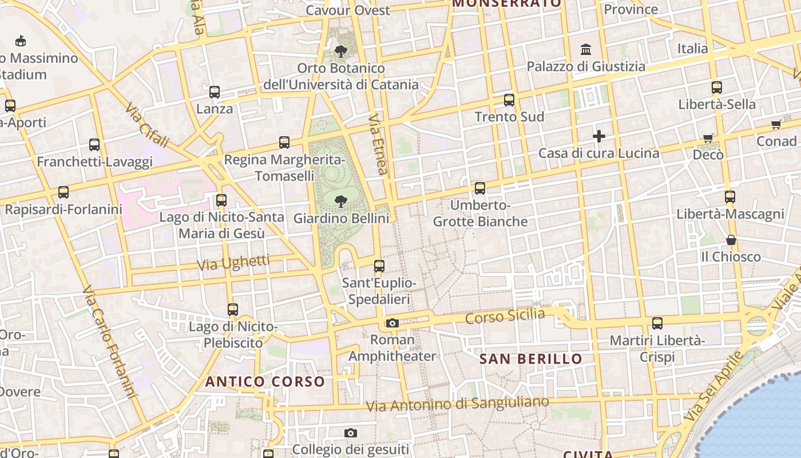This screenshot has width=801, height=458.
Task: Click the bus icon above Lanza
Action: [215, 92]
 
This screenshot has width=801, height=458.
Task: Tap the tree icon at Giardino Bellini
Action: [341, 201]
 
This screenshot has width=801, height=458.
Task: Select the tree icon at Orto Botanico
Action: [341, 52]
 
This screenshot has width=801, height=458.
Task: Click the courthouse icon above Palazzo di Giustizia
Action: [586, 50]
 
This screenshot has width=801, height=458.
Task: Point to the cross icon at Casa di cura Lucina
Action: [599, 136]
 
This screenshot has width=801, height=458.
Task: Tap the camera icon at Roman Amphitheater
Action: [392, 323]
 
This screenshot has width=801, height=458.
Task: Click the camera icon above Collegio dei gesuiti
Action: [351, 433]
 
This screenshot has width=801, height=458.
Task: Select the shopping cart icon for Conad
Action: [776, 124]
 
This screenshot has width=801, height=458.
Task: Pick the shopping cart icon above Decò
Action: [708, 138]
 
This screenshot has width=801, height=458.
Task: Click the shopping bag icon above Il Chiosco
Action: [731, 240]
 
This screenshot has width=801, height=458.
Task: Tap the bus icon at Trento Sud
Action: [509, 100]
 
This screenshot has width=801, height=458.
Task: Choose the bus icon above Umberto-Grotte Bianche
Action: [480, 188]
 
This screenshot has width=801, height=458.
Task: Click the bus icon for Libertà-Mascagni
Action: [730, 198]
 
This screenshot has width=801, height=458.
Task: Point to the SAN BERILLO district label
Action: [530, 359]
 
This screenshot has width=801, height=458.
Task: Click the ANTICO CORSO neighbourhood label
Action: [265, 381]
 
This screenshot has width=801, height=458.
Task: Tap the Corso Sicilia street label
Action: [505, 315]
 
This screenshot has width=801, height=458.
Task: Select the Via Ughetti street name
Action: [233, 263]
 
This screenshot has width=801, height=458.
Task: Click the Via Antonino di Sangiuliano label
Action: [457, 404]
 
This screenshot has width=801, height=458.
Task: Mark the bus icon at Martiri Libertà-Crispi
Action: [657, 323]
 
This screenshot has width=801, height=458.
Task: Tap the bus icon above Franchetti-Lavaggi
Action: [94, 145]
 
